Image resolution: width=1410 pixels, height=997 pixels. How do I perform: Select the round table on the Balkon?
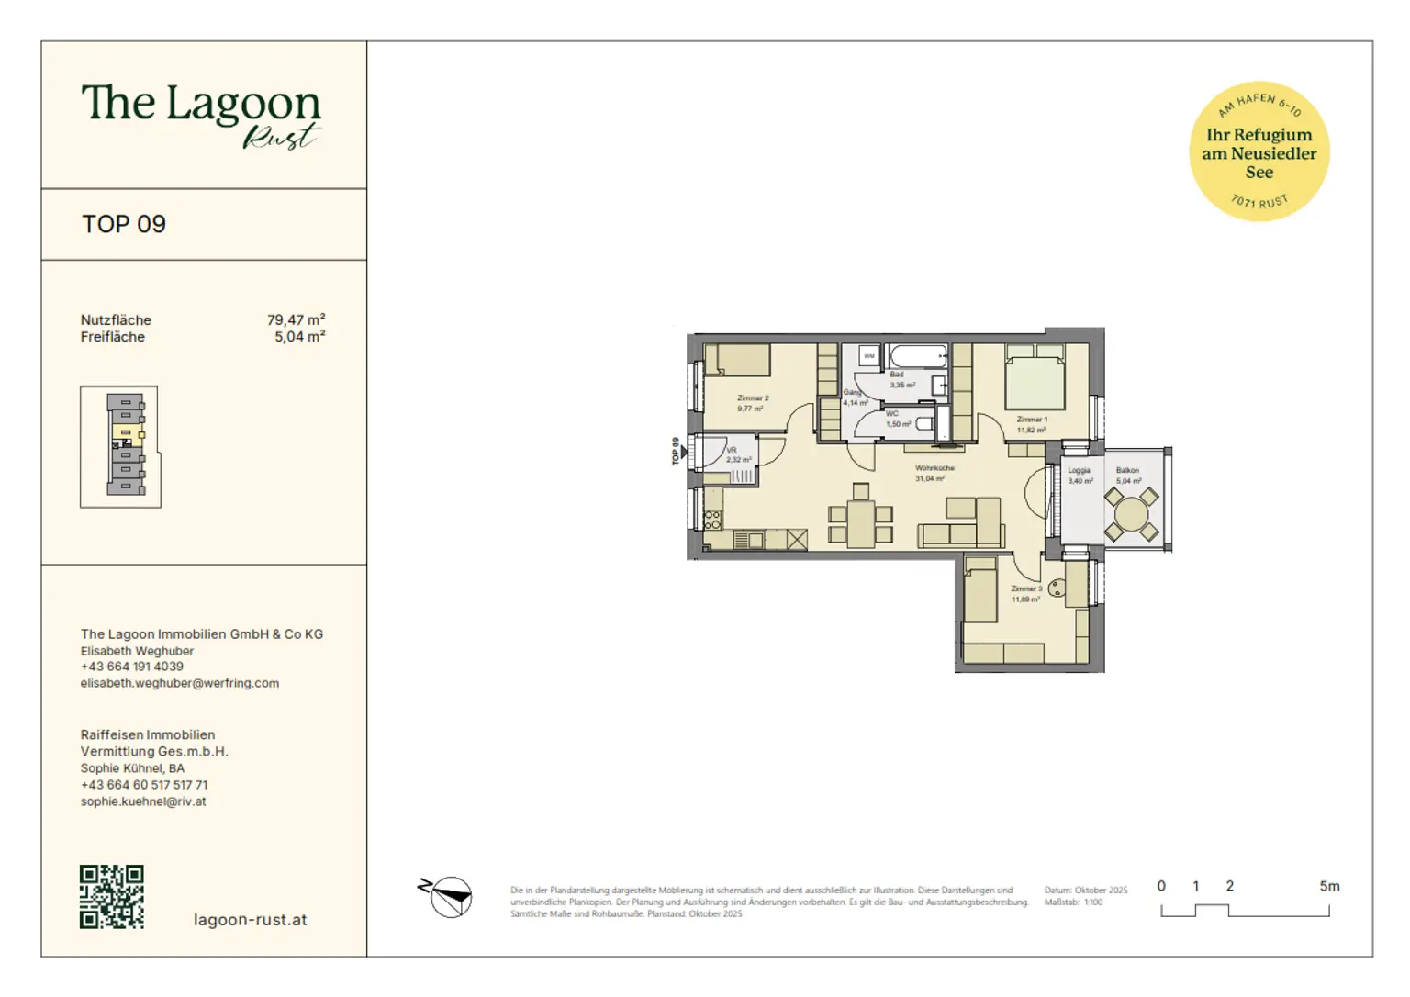1131,512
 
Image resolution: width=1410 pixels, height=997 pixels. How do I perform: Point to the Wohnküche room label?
934,468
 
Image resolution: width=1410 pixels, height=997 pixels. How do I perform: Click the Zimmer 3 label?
1026,588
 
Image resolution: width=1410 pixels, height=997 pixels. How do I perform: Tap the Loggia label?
1079,470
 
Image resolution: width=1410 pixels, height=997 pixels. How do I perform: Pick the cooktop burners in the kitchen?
712,521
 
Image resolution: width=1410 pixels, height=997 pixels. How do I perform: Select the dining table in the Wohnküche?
860,523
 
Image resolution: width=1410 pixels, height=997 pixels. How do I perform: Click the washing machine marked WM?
868,355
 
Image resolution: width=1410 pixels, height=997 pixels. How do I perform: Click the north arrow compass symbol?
447,896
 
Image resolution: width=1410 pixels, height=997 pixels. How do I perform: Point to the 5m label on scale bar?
1328,886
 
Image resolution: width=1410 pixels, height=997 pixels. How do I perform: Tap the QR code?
112,896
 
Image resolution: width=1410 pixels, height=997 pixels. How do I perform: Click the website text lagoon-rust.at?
250,920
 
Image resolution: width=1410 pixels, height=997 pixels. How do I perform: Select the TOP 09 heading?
124,224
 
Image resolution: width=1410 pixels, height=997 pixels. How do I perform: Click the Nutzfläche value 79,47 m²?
296,320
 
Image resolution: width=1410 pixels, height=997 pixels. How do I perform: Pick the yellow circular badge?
1259,151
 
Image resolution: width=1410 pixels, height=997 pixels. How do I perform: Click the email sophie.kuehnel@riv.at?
143,801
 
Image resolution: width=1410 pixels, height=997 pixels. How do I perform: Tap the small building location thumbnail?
120,446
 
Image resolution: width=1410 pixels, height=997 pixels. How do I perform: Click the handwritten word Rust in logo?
280,137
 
